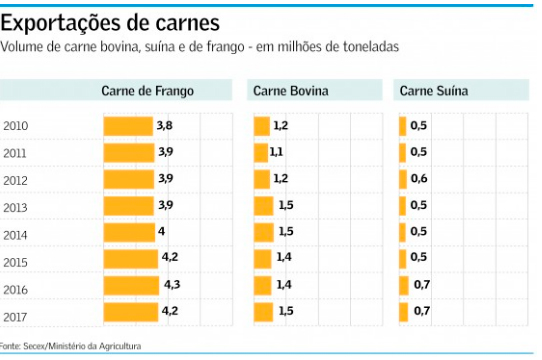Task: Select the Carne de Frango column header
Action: point(147,91)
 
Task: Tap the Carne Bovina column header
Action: point(290,91)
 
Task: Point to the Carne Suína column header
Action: point(433,91)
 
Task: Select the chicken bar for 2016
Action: point(132,285)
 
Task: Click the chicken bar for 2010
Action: point(128,125)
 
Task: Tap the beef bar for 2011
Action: point(261,152)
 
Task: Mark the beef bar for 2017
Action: point(264,311)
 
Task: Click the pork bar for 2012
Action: point(403,179)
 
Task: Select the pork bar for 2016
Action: point(404,285)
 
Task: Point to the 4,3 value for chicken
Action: point(173,285)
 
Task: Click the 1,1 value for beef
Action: point(277,152)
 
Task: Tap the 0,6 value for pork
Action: point(419,179)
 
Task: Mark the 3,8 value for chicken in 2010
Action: point(164,125)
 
